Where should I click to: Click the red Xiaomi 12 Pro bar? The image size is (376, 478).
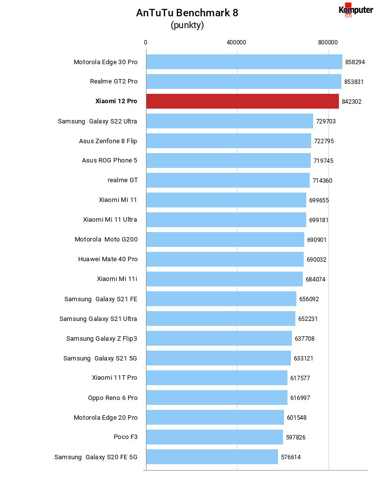(x=242, y=101)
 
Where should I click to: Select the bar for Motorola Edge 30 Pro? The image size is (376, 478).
(x=244, y=62)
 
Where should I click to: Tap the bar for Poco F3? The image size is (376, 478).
(x=215, y=437)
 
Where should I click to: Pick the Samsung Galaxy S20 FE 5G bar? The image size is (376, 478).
(x=212, y=457)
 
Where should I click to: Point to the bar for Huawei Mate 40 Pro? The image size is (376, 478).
(x=225, y=259)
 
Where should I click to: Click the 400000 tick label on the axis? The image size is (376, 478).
(x=236, y=42)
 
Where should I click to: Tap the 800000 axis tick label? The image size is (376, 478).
(x=328, y=42)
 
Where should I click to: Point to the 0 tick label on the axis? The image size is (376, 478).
(x=145, y=42)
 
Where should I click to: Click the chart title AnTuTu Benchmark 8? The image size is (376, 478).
(x=187, y=13)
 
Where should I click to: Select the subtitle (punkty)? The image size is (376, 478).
(x=187, y=25)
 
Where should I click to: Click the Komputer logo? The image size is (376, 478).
(x=356, y=10)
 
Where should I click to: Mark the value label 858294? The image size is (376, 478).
(x=355, y=62)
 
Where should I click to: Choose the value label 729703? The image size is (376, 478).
(x=326, y=121)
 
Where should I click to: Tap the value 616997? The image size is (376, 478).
(x=300, y=398)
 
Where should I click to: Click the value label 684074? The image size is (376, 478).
(x=316, y=279)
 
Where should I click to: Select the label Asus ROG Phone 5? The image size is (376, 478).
(x=110, y=160)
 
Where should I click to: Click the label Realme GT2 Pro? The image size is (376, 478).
(x=114, y=81)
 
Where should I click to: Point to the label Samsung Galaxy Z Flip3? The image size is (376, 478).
(x=102, y=339)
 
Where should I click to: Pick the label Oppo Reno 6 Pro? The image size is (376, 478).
(x=113, y=398)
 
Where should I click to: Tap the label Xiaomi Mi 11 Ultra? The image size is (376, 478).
(x=110, y=219)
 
